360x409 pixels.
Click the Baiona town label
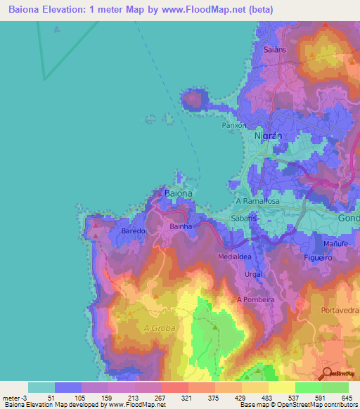coord(178,192)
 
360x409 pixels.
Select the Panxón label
coord(233,125)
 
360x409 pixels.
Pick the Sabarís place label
coord(243,219)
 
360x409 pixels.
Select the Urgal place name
coord(253,273)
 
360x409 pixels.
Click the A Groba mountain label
coord(157,328)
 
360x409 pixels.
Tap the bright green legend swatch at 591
coord(308,387)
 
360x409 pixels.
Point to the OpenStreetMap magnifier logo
coord(328,374)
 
